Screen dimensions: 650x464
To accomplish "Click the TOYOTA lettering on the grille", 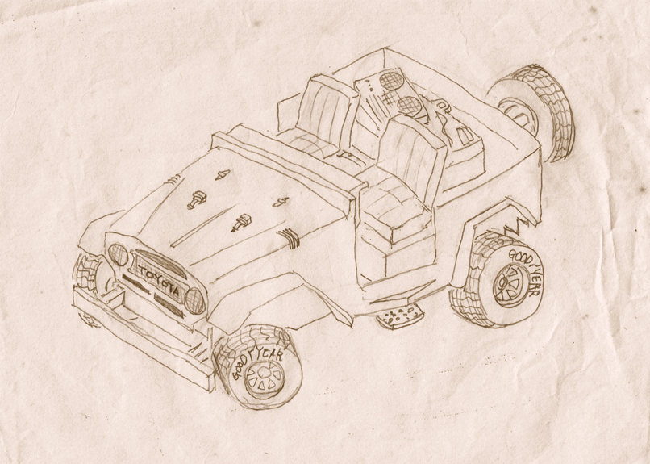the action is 159,280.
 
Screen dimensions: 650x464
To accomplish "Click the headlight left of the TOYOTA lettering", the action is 118,254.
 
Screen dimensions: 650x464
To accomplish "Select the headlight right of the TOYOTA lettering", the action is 194,301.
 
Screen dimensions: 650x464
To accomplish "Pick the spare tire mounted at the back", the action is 535,113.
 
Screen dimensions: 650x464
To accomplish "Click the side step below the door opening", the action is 400,316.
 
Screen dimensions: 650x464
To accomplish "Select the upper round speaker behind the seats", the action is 390,81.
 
